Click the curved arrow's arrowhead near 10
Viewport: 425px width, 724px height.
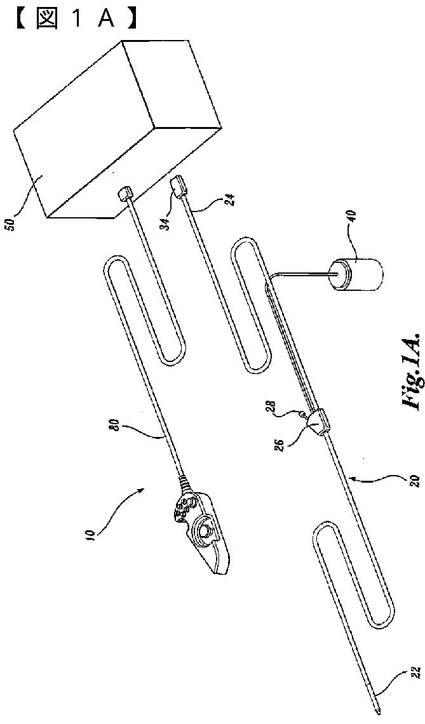tap(145, 487)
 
